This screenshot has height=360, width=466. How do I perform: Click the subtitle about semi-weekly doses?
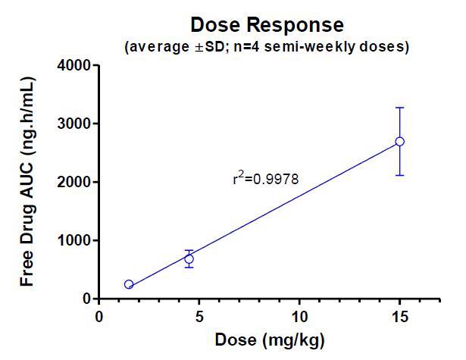[x=266, y=47]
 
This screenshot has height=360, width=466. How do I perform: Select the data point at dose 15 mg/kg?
[x=400, y=142]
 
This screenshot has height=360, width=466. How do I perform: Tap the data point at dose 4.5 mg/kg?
[x=189, y=259]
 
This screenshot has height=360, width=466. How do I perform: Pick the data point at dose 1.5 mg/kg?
[x=129, y=284]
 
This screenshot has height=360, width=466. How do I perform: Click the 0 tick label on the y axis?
[x=86, y=299]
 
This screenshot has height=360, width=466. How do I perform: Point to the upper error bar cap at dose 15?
[x=400, y=108]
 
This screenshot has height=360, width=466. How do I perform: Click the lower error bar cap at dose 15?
[x=400, y=175]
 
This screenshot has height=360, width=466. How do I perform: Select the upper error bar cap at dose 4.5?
[x=189, y=250]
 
